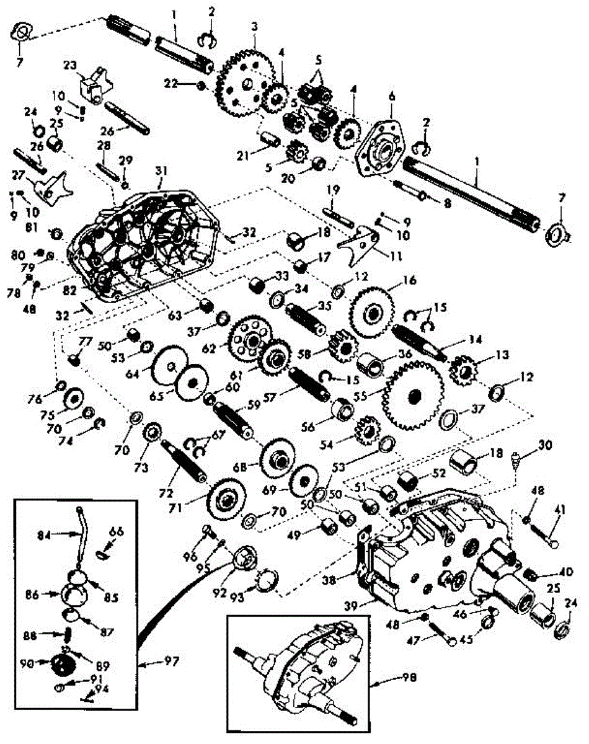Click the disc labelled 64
pos(168,370)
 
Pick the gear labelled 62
pos(249,338)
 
